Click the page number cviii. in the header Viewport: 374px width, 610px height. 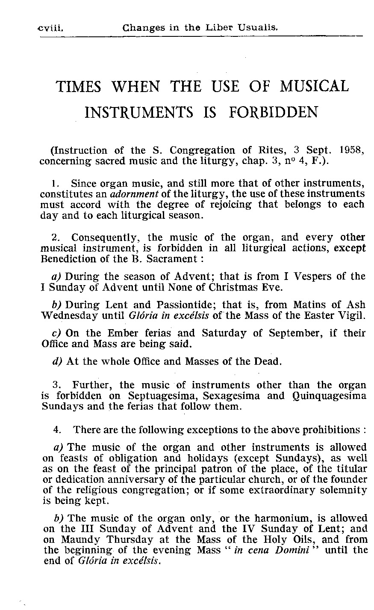(50, 29)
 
